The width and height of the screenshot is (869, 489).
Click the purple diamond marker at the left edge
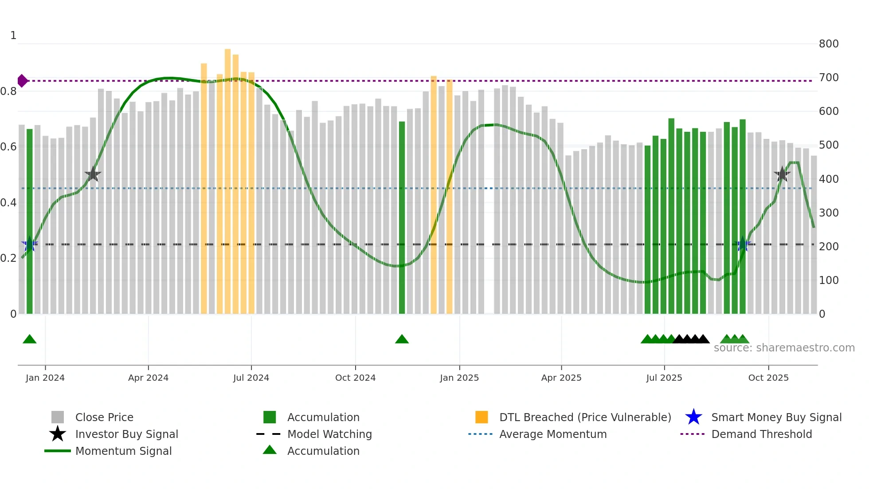click(x=22, y=81)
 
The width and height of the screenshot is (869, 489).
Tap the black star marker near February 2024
click(x=93, y=174)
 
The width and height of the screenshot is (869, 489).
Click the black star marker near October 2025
click(x=782, y=174)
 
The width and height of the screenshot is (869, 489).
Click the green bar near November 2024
click(x=402, y=217)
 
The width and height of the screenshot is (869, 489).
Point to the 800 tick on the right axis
click(x=828, y=44)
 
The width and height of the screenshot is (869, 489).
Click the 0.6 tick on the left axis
click(x=8, y=147)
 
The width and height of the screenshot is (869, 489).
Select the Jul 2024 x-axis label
click(x=251, y=378)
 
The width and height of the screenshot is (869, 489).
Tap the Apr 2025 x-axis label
click(x=561, y=378)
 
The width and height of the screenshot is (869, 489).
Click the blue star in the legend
click(x=693, y=417)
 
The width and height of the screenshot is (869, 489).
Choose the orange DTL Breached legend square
click(x=481, y=417)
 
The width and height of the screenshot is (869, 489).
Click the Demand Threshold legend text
click(x=761, y=434)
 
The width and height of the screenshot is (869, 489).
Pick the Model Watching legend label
click(x=329, y=434)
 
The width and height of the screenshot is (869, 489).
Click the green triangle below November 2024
click(x=402, y=339)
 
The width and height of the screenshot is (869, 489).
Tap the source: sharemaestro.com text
click(x=784, y=348)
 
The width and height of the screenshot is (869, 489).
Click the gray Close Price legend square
click(x=58, y=417)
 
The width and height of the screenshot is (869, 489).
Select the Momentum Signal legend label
click(x=123, y=451)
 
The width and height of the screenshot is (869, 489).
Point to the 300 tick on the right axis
click(x=828, y=213)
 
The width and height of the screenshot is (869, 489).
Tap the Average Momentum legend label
click(x=552, y=434)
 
